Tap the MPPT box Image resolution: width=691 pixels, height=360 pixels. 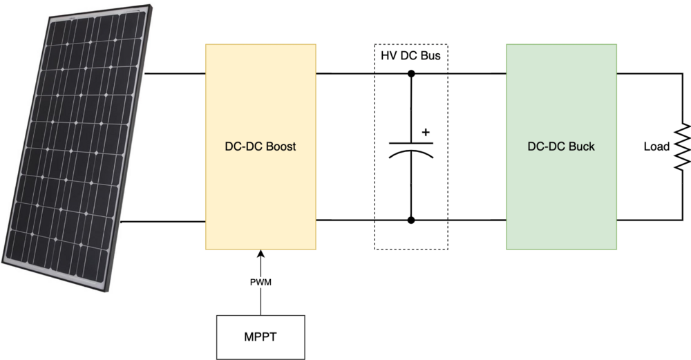tap(261, 337)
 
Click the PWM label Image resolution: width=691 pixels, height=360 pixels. tap(261, 283)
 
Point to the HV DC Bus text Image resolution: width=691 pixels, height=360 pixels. tap(410, 55)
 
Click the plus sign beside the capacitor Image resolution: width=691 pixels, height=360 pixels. tap(425, 131)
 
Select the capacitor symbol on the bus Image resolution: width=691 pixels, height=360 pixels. tap(411, 148)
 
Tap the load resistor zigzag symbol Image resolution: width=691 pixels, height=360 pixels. tap(683, 146)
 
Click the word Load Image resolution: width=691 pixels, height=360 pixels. tap(656, 147)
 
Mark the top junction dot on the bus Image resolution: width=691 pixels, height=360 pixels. tap(411, 73)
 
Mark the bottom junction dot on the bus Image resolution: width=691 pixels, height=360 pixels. tap(411, 220)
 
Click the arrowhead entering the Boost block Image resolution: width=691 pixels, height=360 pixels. tap(261, 254)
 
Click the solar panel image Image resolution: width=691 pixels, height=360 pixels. tap(76, 145)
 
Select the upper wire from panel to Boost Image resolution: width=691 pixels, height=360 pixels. tap(176, 73)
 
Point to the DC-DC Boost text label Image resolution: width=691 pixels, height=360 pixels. tap(261, 147)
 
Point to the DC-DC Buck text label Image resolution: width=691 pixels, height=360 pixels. tap(560, 147)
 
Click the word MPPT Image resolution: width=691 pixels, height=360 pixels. tap(261, 337)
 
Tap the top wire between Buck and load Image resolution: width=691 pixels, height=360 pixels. tap(646, 73)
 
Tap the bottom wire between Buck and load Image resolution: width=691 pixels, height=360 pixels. tap(646, 220)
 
